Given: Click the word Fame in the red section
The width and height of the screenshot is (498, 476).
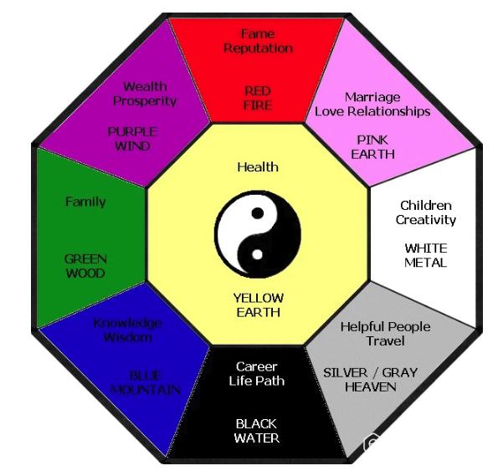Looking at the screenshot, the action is pyautogui.click(x=258, y=33).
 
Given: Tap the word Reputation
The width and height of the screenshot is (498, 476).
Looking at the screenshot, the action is pyautogui.click(x=259, y=49).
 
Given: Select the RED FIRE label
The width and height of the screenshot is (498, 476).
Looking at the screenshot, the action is pyautogui.click(x=258, y=98).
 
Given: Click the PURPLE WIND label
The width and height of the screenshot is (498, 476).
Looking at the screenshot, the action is pyautogui.click(x=132, y=139).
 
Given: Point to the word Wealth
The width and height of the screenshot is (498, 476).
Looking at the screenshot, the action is pyautogui.click(x=145, y=86).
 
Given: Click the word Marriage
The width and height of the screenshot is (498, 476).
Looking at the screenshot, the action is pyautogui.click(x=372, y=97).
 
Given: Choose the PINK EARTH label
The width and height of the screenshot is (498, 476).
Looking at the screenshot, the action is pyautogui.click(x=372, y=147).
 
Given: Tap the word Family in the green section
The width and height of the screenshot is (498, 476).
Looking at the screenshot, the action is pyautogui.click(x=85, y=202).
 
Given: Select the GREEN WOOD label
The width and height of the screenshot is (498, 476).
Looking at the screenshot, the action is pyautogui.click(x=85, y=266).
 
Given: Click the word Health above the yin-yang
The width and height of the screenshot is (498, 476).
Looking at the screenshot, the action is pyautogui.click(x=258, y=167).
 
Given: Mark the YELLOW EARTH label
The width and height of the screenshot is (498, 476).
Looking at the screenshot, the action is pyautogui.click(x=259, y=305).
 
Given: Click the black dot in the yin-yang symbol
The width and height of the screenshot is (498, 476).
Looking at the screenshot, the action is pyautogui.click(x=258, y=213).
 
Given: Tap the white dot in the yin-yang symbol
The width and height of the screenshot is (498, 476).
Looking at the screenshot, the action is pyautogui.click(x=257, y=254).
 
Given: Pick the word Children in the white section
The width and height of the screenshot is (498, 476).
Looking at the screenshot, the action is pyautogui.click(x=426, y=206).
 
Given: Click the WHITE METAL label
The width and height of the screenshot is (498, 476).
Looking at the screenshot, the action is pyautogui.click(x=426, y=256).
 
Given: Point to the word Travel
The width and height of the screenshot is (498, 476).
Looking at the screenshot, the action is pyautogui.click(x=385, y=341).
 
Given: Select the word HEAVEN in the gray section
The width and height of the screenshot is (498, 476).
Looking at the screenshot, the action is pyautogui.click(x=371, y=386).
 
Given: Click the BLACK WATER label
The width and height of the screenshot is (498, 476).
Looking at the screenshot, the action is pyautogui.click(x=257, y=431).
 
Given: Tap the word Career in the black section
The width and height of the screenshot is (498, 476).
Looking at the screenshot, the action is pyautogui.click(x=257, y=366).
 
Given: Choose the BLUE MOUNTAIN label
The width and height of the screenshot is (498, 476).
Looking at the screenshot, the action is pyautogui.click(x=146, y=383).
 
